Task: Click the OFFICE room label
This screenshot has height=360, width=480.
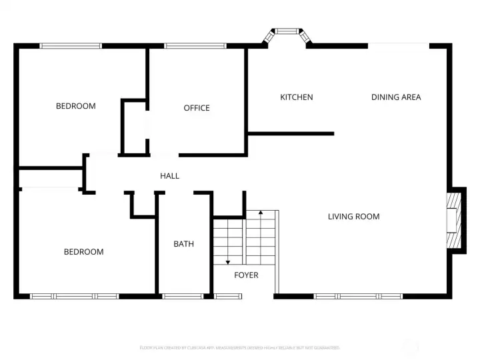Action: [197, 108]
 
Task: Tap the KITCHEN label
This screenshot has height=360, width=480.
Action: [296, 97]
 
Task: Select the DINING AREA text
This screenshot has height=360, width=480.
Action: [396, 97]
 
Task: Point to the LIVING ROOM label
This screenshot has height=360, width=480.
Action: [353, 217]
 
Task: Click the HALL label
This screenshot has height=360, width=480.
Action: [169, 176]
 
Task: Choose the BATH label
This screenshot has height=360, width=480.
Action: [183, 244]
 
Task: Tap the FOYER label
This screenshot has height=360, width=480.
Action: [245, 275]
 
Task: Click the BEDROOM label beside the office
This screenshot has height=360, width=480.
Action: [75, 106]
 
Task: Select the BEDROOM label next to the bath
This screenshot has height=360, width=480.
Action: [83, 252]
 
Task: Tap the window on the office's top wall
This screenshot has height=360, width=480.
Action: [195, 46]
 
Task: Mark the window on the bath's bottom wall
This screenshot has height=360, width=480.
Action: [183, 296]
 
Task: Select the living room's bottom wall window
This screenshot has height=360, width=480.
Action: [358, 296]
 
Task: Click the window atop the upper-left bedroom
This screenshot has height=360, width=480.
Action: [71, 46]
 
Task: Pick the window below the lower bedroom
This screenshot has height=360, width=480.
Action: [75, 296]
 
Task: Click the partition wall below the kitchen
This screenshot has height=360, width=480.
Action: [291, 134]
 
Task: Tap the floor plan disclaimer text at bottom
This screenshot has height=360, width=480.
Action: [240, 348]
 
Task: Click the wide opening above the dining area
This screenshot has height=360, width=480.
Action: [398, 45]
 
